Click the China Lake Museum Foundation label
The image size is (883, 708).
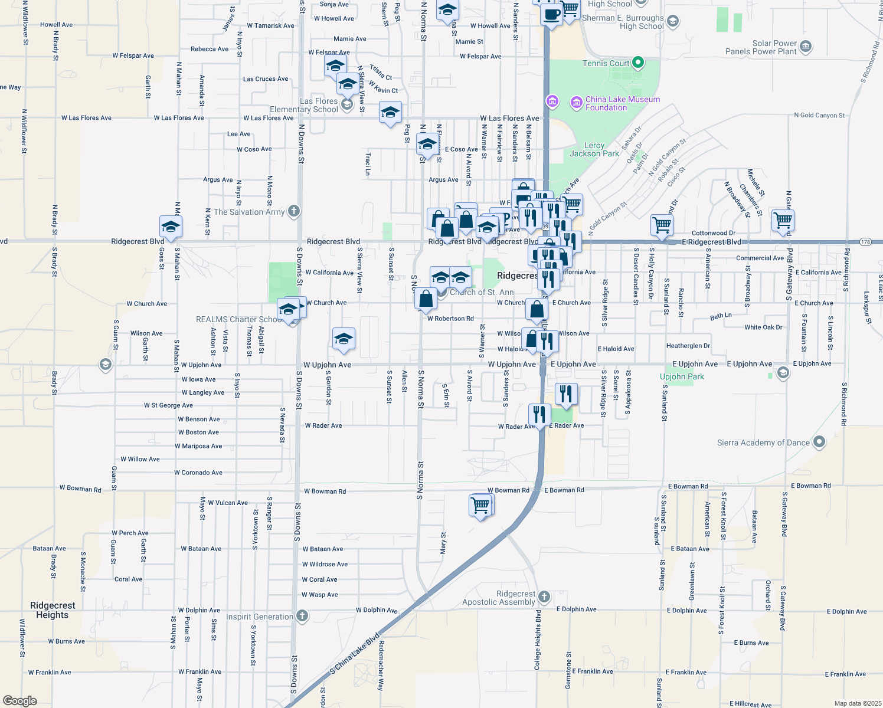pos(622,103)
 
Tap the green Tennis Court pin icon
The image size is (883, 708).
pos(637,62)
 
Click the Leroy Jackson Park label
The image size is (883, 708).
pos(594,149)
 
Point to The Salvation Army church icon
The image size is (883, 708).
pos(294,211)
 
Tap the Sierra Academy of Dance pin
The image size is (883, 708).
pos(819,442)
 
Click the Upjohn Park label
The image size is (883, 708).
pos(682,376)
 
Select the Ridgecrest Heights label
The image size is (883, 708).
pos(53,610)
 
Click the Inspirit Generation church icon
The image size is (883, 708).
pos(302,617)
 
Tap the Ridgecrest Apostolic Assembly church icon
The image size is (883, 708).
pos(544,598)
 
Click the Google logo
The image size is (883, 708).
pos(20,701)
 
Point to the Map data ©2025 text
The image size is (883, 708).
pos(858,703)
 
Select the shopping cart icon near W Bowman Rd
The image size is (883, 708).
pos(480,506)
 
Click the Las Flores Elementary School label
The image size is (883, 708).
pos(304,105)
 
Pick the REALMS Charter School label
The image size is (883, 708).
pos(239,319)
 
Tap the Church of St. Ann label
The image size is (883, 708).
pos(482,292)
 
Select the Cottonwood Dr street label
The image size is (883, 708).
pos(713,233)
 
